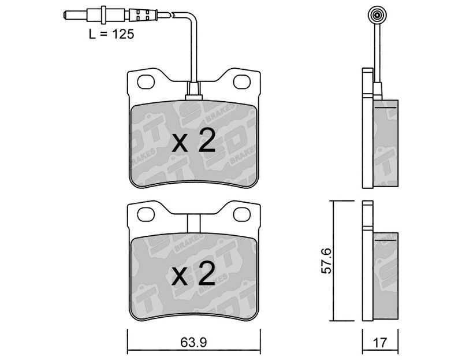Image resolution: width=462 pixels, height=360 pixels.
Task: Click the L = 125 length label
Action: [111, 35]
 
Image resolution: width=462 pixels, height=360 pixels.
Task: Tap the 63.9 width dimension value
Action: [194, 343]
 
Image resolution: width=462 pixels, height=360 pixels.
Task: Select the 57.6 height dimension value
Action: [326, 261]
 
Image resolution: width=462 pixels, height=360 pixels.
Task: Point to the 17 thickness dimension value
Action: [380, 343]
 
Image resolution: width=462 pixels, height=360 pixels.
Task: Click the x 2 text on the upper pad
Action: [193, 140]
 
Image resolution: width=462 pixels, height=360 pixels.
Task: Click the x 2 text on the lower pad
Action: [193, 273]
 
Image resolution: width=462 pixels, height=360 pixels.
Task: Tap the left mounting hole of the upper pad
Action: [146, 81]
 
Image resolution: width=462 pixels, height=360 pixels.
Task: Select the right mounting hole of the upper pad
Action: [242, 81]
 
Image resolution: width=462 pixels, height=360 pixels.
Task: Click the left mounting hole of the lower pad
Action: [146, 214]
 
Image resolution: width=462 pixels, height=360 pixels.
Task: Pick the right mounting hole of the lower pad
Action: [242, 214]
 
